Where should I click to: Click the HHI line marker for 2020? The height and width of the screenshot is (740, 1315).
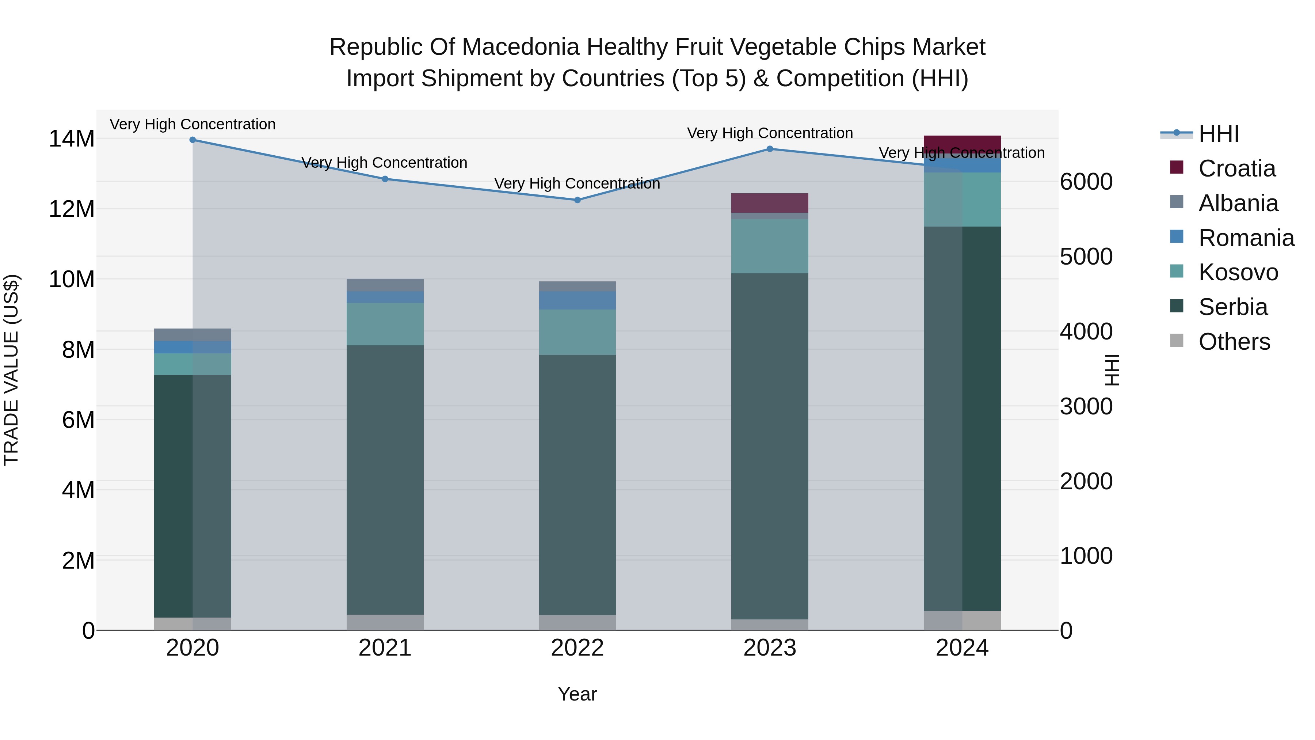193,140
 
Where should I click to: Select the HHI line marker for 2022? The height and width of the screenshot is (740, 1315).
578,200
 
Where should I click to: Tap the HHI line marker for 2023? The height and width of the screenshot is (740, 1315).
770,149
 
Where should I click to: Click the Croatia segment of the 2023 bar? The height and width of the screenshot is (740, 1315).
770,203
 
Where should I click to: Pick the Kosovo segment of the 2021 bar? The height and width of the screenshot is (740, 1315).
385,324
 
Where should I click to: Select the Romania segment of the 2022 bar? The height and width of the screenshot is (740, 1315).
578,300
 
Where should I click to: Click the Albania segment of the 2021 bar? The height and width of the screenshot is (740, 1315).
385,285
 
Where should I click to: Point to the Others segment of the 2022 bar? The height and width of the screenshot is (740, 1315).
578,623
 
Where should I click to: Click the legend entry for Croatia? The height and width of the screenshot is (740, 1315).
1236,168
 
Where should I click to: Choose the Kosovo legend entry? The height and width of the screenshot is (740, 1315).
1238,272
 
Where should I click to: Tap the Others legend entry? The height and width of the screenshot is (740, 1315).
1234,342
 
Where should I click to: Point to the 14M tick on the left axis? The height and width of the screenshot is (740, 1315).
72,139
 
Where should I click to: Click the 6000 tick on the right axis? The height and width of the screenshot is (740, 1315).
1086,182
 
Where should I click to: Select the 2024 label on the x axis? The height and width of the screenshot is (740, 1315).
962,648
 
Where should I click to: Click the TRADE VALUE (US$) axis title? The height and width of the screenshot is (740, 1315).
11,370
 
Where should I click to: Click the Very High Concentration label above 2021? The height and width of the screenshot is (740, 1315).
384,162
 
